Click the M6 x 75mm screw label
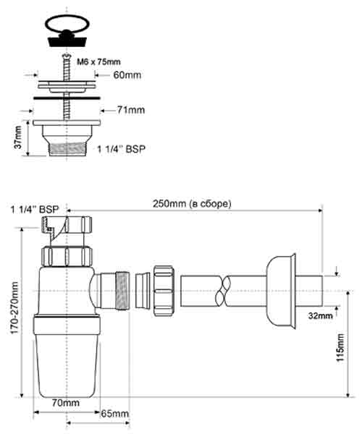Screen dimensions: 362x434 tap(98, 61)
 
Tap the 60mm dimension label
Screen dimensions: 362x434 tap(127, 75)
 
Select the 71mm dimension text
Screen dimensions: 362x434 tap(131, 110)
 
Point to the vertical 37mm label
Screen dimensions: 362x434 tap(18, 137)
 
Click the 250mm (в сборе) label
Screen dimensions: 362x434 tap(192, 204)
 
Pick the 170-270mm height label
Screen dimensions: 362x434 tap(14, 308)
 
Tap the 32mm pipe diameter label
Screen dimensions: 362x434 tap(321, 315)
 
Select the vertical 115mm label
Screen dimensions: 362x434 tap(340, 348)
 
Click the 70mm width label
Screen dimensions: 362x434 tap(66, 403)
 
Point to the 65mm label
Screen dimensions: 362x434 tap(114, 414)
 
